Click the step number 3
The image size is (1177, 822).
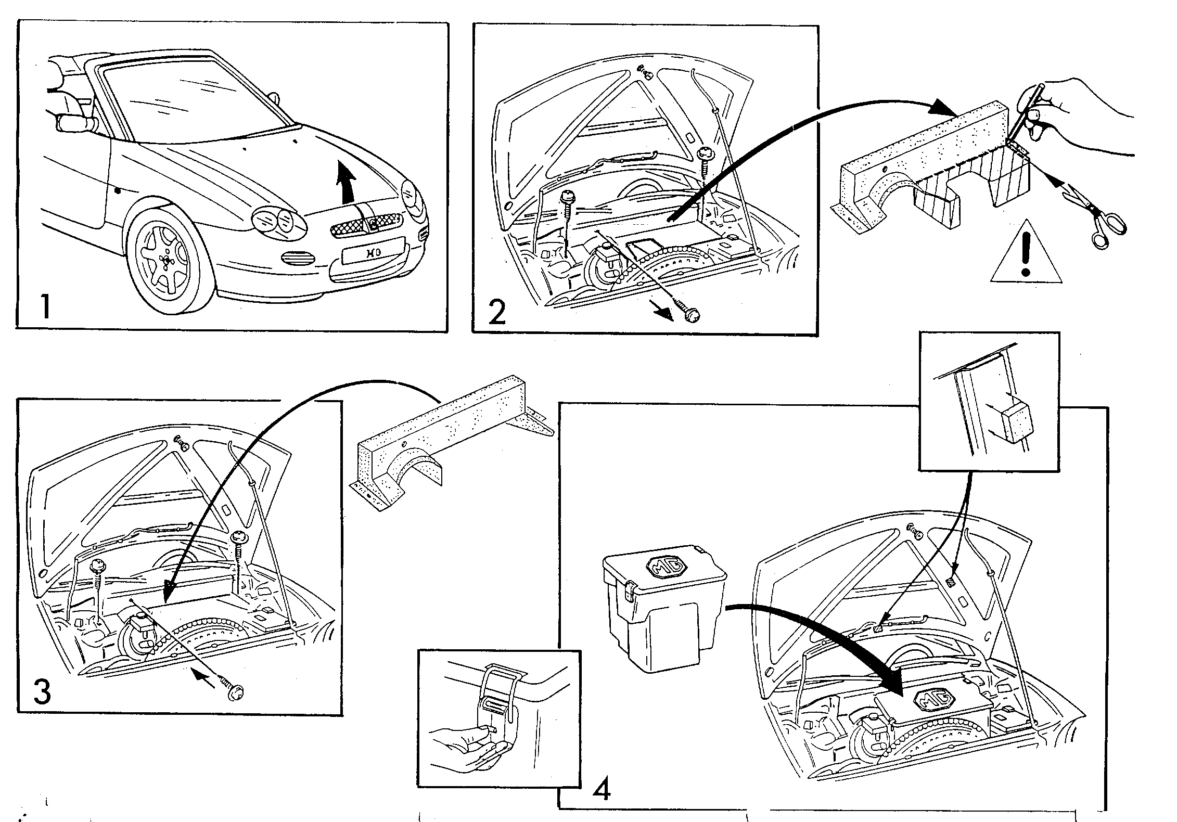point(42,691)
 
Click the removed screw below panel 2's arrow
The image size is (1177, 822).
point(688,313)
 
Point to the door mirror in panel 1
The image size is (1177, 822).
point(75,124)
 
